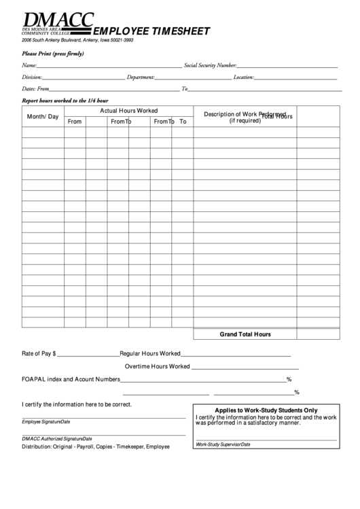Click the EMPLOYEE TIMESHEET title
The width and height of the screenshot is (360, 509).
[151, 31]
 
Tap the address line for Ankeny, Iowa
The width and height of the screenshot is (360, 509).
[77, 40]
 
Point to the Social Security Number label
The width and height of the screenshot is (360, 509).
[209, 65]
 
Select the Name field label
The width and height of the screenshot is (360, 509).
[29, 65]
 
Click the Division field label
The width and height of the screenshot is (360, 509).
[32, 77]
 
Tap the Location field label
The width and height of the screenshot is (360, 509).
[244, 77]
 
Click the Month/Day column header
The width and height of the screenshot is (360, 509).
[42, 117]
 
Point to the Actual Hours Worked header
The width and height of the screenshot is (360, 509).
[129, 110]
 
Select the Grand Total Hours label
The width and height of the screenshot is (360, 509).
[245, 334]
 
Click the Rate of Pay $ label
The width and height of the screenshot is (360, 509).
[39, 353]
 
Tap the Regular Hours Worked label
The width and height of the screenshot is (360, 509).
[149, 353]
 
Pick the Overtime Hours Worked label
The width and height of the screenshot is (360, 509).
[157, 366]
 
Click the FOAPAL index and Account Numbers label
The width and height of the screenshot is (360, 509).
[71, 379]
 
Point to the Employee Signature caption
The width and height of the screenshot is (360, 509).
[46, 422]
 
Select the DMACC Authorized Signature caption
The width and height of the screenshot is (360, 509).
[56, 438]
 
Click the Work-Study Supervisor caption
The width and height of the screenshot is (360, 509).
[223, 444]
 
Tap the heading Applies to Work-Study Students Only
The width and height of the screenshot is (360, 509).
[266, 410]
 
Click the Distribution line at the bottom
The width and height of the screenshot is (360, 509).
[95, 446]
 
